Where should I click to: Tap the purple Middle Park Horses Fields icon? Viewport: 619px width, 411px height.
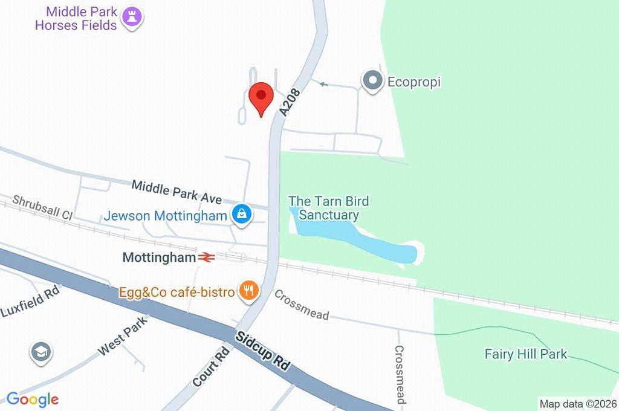point(132,18)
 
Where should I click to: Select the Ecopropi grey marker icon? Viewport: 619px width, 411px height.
point(372,81)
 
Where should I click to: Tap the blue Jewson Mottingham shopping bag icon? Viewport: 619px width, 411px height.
point(242,215)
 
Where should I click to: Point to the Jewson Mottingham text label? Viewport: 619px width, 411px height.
point(166,216)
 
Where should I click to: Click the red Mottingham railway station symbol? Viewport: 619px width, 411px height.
point(206,257)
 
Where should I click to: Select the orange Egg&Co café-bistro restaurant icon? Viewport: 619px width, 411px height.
point(248,291)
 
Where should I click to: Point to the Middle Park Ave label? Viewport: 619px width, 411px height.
point(177,191)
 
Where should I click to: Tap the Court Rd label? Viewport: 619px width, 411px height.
point(212,366)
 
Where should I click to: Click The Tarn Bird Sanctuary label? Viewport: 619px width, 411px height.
point(328,208)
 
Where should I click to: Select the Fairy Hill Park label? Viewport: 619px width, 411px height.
point(526,354)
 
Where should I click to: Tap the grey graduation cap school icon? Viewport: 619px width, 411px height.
point(41,352)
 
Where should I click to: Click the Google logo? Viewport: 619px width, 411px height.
point(33,399)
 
